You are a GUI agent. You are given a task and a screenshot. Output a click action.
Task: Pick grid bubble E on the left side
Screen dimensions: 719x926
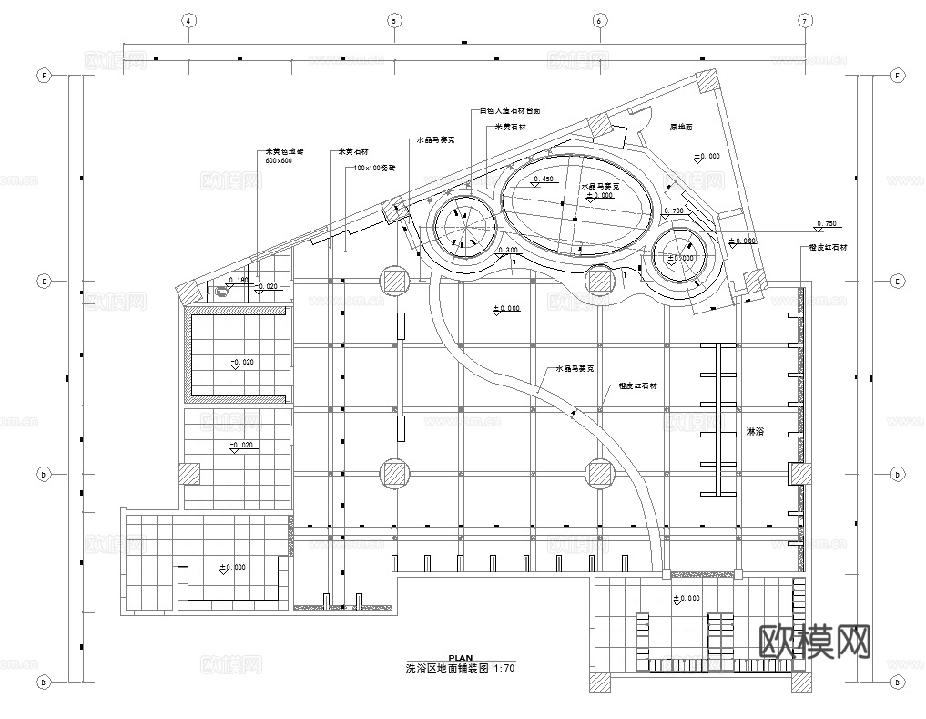tap(42, 282)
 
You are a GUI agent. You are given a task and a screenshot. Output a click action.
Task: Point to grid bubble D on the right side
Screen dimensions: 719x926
tap(897, 474)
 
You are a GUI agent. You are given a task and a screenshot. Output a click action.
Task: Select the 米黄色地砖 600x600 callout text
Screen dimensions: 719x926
tap(281, 156)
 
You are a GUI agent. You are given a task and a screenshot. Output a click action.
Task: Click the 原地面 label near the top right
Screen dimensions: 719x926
tap(681, 128)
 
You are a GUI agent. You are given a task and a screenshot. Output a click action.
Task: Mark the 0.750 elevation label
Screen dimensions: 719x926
tap(827, 223)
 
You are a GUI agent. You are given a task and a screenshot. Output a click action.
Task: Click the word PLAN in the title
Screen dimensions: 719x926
tap(462, 657)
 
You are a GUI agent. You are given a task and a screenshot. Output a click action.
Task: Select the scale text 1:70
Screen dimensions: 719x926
tap(504, 668)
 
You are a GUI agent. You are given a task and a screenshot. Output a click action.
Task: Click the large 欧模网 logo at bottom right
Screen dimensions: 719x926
tap(815, 642)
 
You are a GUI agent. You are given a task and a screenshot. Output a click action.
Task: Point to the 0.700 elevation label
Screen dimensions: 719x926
tap(675, 211)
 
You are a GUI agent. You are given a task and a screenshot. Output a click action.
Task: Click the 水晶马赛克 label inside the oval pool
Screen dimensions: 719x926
tap(599, 186)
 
